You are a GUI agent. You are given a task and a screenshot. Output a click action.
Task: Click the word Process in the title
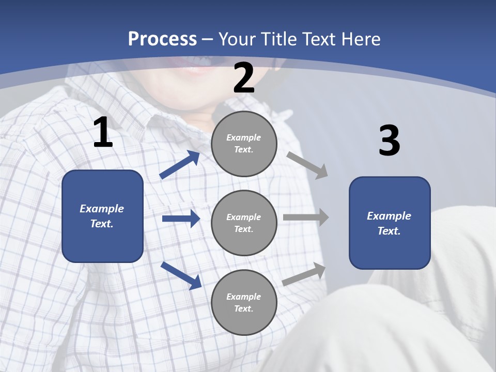pyautogui.click(x=162, y=39)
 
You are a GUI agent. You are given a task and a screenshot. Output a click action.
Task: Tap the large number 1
pyautogui.click(x=103, y=133)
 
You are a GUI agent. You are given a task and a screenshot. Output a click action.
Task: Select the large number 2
pyautogui.click(x=244, y=78)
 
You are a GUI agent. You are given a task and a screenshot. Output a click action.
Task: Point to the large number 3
pyautogui.click(x=390, y=142)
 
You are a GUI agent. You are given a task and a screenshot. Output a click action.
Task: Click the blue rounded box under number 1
pyautogui.click(x=102, y=216)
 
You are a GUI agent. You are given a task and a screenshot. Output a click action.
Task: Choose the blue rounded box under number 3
pyautogui.click(x=390, y=223)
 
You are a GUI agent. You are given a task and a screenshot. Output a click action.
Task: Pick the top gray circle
pyautogui.click(x=244, y=144)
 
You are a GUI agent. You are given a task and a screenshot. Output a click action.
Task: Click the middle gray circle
pyautogui.click(x=244, y=223)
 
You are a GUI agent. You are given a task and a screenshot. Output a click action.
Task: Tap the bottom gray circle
pyautogui.click(x=244, y=302)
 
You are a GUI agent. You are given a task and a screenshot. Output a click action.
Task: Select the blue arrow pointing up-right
pyautogui.click(x=180, y=164)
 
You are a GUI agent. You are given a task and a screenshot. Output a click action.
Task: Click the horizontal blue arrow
pyautogui.click(x=181, y=219)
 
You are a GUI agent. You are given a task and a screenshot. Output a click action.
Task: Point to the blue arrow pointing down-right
pyautogui.click(x=181, y=275)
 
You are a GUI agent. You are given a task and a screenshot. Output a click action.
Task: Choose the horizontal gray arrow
pyautogui.click(x=306, y=218)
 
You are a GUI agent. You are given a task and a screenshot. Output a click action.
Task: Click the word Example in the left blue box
pyautogui.click(x=102, y=209)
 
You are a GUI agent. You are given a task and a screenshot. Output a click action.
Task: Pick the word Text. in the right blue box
pyautogui.click(x=389, y=231)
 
